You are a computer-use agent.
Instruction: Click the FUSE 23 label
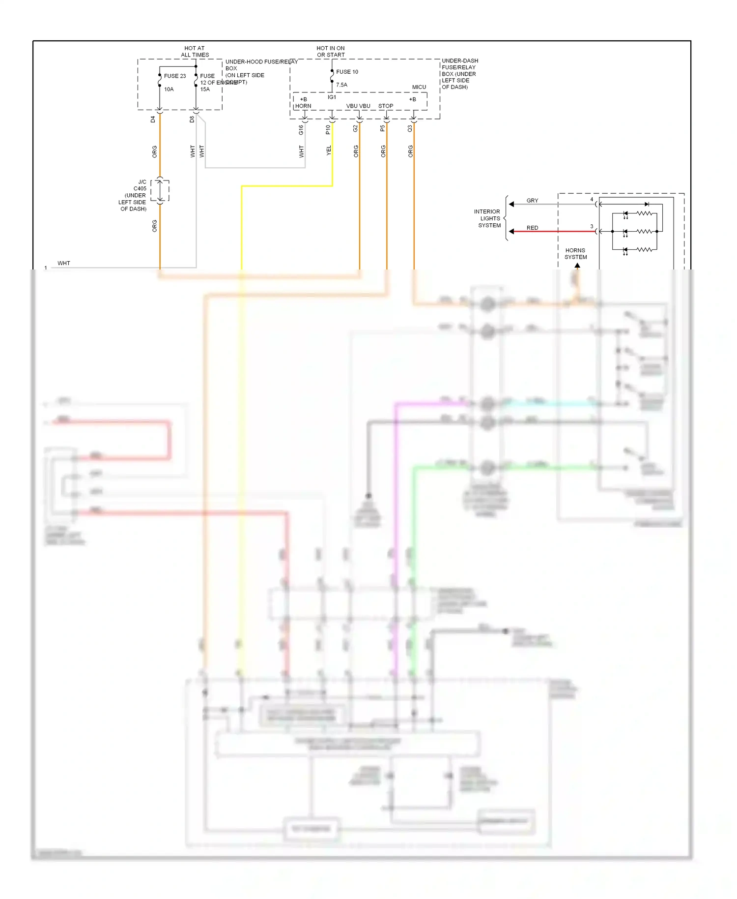click(x=175, y=76)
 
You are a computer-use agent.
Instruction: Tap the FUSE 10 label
click(x=347, y=72)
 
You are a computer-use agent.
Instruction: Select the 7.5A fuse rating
click(x=341, y=85)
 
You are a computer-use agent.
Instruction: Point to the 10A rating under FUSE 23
click(x=169, y=90)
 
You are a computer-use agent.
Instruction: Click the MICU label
click(x=419, y=87)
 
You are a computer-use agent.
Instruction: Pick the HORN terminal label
click(x=303, y=106)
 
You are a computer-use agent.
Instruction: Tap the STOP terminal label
click(x=386, y=106)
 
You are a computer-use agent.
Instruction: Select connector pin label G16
click(x=301, y=130)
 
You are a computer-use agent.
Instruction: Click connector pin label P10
click(x=328, y=130)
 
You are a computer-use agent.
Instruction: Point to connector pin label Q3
click(x=410, y=129)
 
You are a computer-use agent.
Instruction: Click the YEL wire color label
click(x=329, y=151)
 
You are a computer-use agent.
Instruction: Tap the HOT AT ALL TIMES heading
click(x=195, y=52)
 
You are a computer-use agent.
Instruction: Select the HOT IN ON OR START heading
click(x=331, y=52)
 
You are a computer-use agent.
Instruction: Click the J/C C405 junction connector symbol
click(x=160, y=191)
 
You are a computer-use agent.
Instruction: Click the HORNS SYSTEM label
click(x=575, y=254)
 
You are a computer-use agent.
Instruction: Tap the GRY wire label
click(x=532, y=201)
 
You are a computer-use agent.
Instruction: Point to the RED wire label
click(x=532, y=228)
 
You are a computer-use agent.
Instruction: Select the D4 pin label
click(x=153, y=120)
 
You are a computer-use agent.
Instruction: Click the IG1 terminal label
click(x=332, y=97)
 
